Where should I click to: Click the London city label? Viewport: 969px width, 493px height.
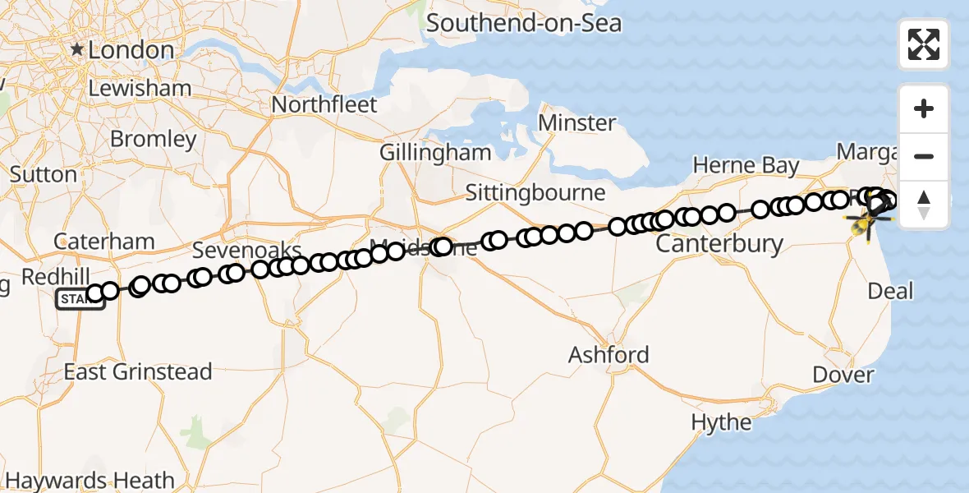pyautogui.click(x=131, y=50)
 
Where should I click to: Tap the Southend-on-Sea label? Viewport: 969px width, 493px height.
pyautogui.click(x=523, y=22)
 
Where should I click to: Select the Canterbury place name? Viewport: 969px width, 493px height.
pyautogui.click(x=719, y=243)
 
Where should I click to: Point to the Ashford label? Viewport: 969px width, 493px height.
pyautogui.click(x=609, y=355)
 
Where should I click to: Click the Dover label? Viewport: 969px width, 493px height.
pyautogui.click(x=843, y=375)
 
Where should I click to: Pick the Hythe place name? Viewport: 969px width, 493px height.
pyautogui.click(x=721, y=422)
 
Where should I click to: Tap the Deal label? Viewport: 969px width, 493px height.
pyautogui.click(x=889, y=291)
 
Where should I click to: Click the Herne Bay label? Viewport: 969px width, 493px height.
pyautogui.click(x=746, y=165)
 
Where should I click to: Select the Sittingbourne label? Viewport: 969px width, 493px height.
pyautogui.click(x=535, y=193)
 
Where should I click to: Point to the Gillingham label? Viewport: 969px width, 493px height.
pyautogui.click(x=435, y=153)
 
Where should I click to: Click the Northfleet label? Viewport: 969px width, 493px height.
pyautogui.click(x=324, y=105)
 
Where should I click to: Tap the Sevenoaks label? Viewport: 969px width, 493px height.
pyautogui.click(x=246, y=250)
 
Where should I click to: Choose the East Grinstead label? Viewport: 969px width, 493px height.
pyautogui.click(x=138, y=371)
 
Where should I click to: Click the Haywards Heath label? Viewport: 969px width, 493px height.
pyautogui.click(x=90, y=480)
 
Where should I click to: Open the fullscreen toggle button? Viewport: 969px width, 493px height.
pyautogui.click(x=924, y=44)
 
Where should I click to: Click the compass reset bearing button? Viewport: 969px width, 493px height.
pyautogui.click(x=924, y=204)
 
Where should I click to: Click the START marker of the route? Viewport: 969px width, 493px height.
pyautogui.click(x=79, y=300)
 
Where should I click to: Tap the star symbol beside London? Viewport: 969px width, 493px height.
pyautogui.click(x=76, y=50)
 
